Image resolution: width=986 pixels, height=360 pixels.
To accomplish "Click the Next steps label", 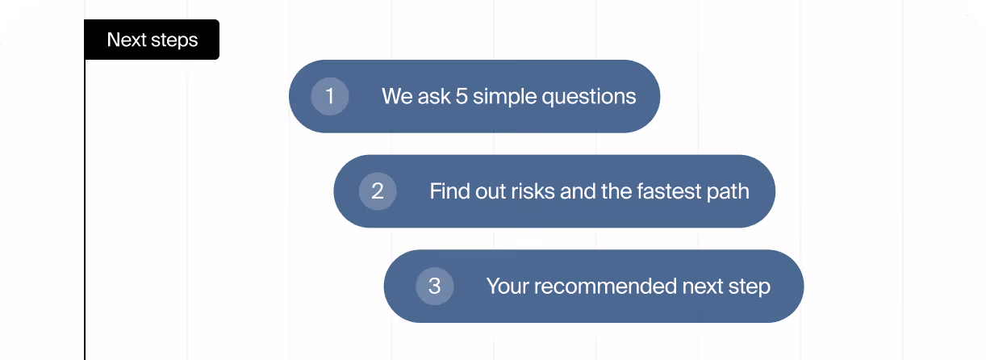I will (x=152, y=40).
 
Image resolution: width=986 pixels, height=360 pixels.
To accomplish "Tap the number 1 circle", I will (x=329, y=96).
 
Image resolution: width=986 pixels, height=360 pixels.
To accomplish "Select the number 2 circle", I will (x=378, y=191).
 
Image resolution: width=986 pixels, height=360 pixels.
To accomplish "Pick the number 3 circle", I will (x=434, y=286).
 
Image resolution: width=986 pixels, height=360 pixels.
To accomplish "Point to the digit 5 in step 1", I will (x=462, y=97).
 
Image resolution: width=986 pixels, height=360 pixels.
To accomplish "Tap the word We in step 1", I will (x=397, y=97).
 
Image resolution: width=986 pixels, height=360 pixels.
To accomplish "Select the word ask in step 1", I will (x=434, y=97).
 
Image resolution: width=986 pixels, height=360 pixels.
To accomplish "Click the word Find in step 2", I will (x=448, y=191).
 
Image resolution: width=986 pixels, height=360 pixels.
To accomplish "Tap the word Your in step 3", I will (x=507, y=287).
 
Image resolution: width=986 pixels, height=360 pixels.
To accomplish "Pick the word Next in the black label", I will (x=125, y=40).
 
